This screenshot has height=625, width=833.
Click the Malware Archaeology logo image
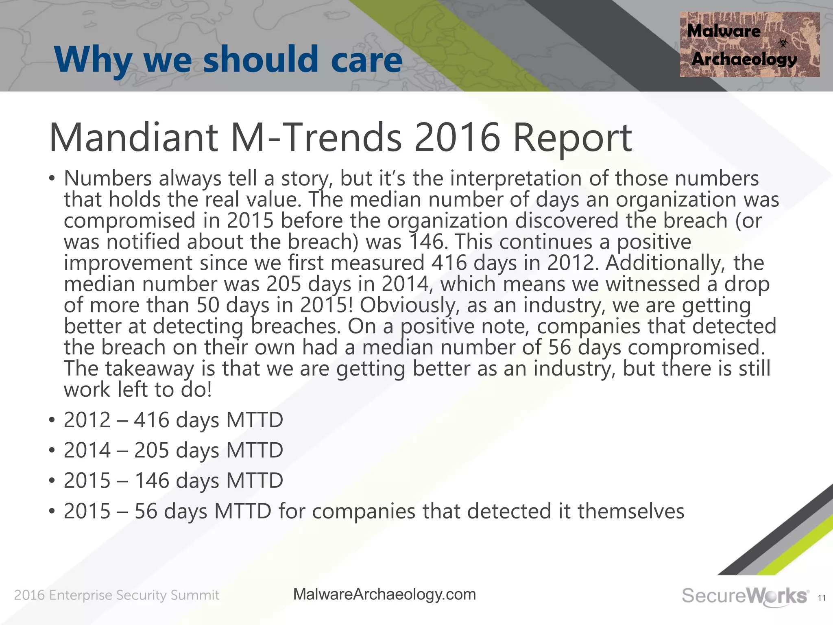point(749,45)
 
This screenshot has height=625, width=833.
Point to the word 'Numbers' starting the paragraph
point(108,178)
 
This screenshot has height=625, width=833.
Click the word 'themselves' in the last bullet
point(631,511)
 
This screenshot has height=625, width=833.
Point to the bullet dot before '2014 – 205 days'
point(52,451)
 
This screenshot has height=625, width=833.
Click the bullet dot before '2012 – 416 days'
point(52,420)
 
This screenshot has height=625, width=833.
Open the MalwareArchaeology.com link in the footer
point(384,594)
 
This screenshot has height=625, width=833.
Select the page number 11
point(822,598)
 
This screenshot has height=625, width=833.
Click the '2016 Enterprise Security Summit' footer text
point(117,595)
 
